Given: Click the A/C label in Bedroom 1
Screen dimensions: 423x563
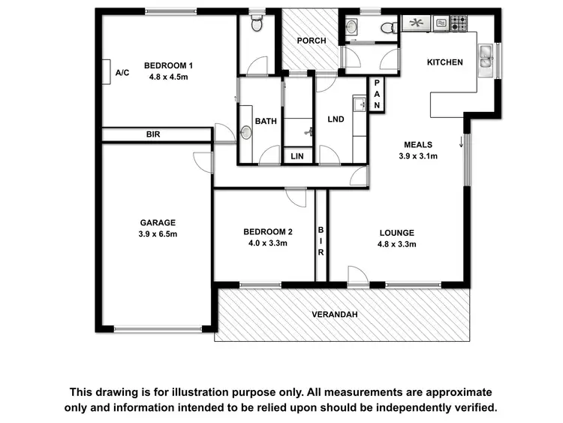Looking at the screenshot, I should (123, 73).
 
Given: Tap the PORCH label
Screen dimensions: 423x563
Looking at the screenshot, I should (311, 41).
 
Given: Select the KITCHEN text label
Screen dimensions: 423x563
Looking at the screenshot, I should (445, 62).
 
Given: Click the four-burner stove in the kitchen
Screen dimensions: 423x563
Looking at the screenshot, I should (459, 23).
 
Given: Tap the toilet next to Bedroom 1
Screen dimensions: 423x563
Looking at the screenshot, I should (256, 25).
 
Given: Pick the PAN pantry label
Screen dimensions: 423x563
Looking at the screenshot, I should (378, 94).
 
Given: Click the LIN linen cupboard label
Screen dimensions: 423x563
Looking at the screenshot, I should (298, 156).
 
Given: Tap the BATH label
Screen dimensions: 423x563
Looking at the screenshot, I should (266, 121).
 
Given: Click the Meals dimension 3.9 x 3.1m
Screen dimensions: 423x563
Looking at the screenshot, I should (418, 156).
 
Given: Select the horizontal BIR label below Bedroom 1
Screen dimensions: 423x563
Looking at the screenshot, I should (153, 134).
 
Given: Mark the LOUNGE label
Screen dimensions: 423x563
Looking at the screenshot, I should (396, 233).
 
